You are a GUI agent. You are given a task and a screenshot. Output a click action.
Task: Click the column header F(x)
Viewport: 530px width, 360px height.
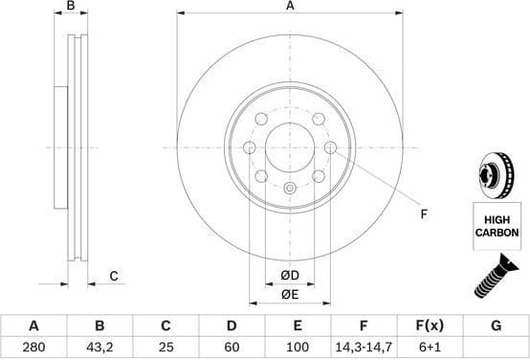click(x=429, y=326)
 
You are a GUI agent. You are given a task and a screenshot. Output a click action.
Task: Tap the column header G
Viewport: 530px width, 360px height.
click(x=496, y=326)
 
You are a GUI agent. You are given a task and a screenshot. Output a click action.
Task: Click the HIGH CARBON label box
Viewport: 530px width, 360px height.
click(x=497, y=226)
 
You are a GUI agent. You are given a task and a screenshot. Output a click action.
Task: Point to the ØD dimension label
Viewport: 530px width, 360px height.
click(x=290, y=277)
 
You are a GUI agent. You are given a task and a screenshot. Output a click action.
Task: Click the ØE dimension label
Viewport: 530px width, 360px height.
click(x=290, y=296)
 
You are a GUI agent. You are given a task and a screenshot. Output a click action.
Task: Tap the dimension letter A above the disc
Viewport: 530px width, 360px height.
click(x=290, y=7)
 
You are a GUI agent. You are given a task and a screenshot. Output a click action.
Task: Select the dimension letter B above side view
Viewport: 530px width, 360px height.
click(x=71, y=7)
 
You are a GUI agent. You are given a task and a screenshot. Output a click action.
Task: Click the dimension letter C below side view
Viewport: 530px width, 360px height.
click(x=113, y=277)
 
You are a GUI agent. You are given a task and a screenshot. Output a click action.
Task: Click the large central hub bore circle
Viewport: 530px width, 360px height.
click(x=290, y=147)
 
